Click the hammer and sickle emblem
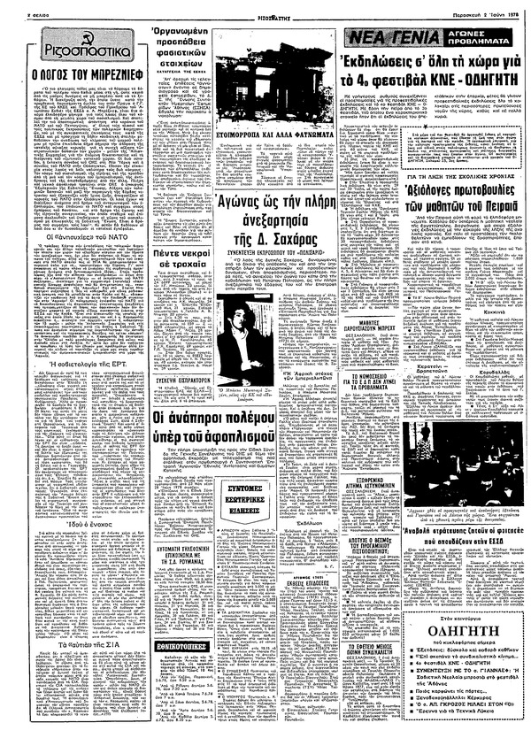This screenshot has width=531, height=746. point(35,42)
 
